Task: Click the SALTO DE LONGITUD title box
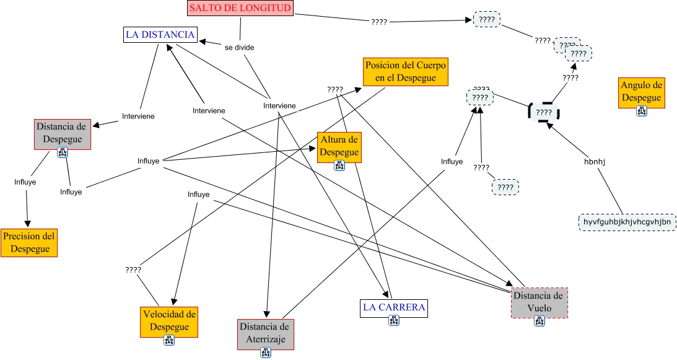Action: (x=240, y=8)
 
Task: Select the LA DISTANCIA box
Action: (x=160, y=35)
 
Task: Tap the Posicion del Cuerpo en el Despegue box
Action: (x=405, y=72)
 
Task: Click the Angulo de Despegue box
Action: (x=642, y=91)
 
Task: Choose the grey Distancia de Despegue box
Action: (x=63, y=133)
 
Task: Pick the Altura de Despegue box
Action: (x=339, y=146)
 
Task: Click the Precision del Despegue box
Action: (x=28, y=242)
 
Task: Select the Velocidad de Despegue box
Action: (x=169, y=318)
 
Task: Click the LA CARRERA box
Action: (x=394, y=307)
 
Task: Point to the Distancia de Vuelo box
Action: (x=539, y=301)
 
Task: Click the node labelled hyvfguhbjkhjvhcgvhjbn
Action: (x=627, y=222)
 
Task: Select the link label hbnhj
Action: (x=595, y=162)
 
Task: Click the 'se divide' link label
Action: (x=239, y=47)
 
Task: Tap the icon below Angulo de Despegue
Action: (x=642, y=111)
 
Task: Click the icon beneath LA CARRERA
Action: (x=394, y=320)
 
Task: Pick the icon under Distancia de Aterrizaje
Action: (x=266, y=353)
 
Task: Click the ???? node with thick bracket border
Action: (x=544, y=112)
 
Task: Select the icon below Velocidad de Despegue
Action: (x=169, y=340)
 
